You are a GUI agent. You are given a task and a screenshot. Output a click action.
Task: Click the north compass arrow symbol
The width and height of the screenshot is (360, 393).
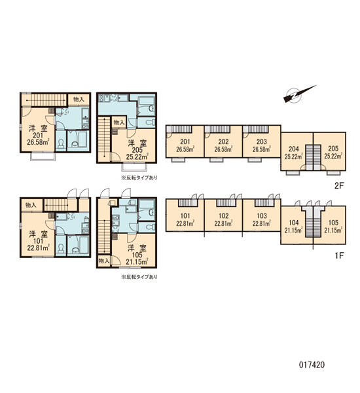tap(297, 95)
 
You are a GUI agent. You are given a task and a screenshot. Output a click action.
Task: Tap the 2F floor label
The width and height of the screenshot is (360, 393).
tap(340, 186)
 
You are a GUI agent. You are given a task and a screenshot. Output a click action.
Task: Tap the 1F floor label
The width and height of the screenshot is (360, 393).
tap(340, 255)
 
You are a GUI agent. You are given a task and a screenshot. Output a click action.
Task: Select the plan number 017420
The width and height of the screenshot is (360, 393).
tap(312, 365)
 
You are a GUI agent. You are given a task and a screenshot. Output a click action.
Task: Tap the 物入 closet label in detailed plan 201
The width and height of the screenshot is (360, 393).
tap(79, 100)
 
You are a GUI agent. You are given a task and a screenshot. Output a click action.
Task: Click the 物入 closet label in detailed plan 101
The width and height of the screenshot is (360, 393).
tap(31, 205)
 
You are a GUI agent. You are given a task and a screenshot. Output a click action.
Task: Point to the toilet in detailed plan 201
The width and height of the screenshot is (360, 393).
tap(61, 143)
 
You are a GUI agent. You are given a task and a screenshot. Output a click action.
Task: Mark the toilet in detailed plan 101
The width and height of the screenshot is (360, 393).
tap(61, 248)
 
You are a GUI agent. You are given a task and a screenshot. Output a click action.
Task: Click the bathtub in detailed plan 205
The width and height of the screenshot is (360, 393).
tap(146, 105)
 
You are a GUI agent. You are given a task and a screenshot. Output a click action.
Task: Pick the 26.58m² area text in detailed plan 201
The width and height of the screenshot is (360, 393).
tap(38, 142)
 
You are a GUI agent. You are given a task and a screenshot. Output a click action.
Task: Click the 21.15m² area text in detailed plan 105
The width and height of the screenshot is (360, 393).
tap(137, 262)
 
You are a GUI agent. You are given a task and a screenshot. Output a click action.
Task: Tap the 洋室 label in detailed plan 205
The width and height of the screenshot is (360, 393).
tap(137, 143)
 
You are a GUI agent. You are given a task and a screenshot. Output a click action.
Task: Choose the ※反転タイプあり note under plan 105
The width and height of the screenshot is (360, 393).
tap(139, 277)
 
